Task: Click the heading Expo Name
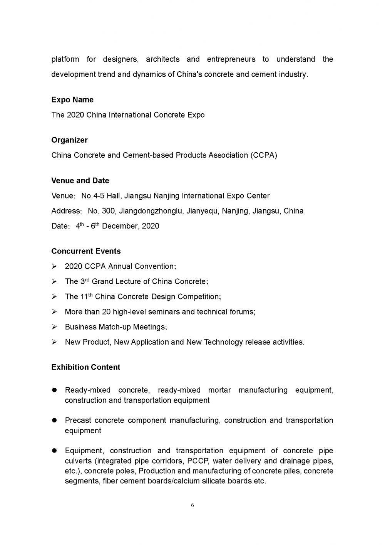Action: [x=72, y=100]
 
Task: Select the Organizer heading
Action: [x=69, y=140]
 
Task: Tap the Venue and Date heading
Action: [x=80, y=181]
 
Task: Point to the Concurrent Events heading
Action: [x=86, y=251]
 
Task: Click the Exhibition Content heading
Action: [x=85, y=367]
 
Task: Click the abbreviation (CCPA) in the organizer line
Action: [x=263, y=155]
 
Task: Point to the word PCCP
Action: [x=198, y=461]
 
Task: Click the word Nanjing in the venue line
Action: [x=167, y=196]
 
